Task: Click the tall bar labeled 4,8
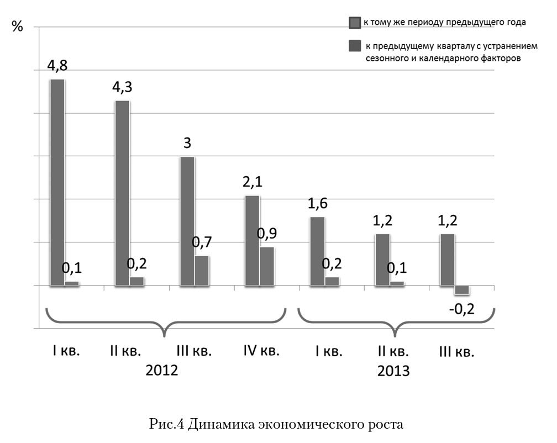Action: [x=57, y=182]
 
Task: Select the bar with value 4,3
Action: [x=122, y=193]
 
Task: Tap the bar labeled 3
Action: [x=187, y=221]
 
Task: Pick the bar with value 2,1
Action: [x=252, y=240]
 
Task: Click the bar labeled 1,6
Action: [x=317, y=251]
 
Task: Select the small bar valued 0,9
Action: [x=267, y=266]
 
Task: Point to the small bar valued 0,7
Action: [x=202, y=270]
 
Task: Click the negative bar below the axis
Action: [x=462, y=290]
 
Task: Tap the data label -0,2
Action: [x=462, y=309]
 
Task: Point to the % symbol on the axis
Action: [x=18, y=26]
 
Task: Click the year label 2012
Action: [x=162, y=370]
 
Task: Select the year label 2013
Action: [x=393, y=371]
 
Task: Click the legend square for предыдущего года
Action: [x=354, y=23]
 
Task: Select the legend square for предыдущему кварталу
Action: [x=354, y=46]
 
